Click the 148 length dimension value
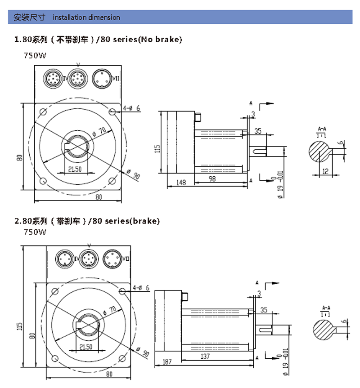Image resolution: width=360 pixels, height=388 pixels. coord(181,182)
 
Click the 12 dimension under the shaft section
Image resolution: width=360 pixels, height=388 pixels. coord(324,171)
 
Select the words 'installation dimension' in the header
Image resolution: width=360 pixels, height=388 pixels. coord(86,18)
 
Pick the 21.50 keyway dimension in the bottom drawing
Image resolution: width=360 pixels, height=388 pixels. coord(85,347)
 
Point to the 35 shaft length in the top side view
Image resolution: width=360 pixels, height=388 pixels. coord(258,131)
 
